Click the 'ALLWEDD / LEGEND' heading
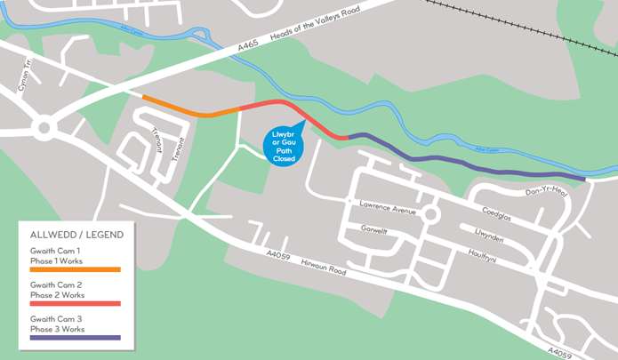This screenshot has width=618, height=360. click(76, 235)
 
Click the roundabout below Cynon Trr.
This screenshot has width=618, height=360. click(42, 129)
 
